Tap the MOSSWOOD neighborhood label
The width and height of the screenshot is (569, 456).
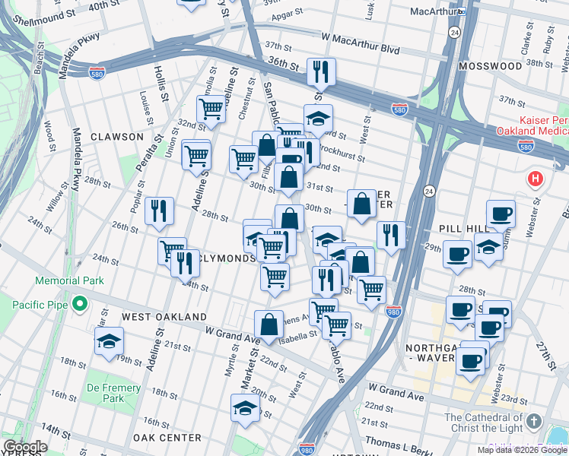(x=491, y=66)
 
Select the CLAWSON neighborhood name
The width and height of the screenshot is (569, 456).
(x=117, y=137)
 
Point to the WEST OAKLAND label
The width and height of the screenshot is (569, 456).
(x=164, y=316)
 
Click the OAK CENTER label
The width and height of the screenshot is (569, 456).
(x=167, y=438)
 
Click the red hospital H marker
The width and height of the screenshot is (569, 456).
(x=536, y=180)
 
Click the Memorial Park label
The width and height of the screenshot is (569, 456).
(x=69, y=280)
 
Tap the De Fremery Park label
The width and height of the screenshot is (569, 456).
(x=113, y=393)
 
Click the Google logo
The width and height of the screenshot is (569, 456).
(x=25, y=447)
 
